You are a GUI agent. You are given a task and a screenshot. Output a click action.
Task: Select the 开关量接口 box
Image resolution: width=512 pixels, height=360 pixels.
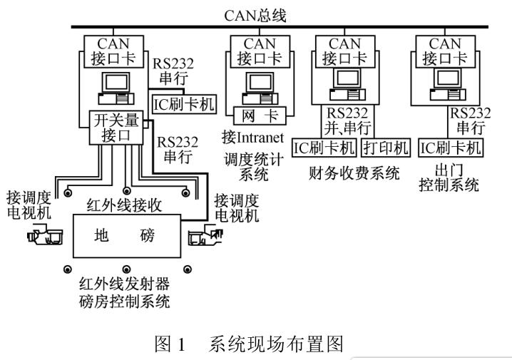click(116, 127)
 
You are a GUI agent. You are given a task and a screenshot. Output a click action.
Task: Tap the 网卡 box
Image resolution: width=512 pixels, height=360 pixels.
click(259, 115)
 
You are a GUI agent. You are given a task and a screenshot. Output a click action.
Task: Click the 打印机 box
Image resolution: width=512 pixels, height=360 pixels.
click(386, 148)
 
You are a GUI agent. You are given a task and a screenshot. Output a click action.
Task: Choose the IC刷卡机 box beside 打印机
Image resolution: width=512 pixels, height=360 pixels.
click(325, 148)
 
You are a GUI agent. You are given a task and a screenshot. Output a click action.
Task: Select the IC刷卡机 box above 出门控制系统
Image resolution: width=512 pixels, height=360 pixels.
click(451, 148)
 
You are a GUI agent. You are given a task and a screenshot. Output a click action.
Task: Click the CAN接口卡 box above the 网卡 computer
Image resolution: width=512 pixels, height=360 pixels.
click(259, 51)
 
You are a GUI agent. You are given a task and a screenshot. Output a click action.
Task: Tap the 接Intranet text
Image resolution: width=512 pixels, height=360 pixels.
click(253, 137)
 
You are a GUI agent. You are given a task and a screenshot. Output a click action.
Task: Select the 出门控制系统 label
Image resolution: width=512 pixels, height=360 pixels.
click(451, 178)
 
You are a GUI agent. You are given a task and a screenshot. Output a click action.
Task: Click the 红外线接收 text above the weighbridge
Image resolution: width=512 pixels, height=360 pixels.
click(125, 205)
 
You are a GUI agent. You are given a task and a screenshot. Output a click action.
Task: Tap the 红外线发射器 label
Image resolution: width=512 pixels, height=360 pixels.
click(125, 286)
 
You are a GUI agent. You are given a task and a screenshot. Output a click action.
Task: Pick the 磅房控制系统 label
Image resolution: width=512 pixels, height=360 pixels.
click(125, 302)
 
